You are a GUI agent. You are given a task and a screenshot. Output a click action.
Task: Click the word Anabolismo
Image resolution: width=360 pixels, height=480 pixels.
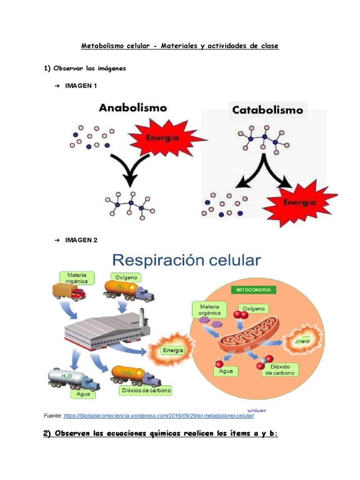coord(133,108)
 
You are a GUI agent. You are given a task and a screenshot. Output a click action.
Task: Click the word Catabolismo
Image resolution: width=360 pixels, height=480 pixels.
coord(268,111)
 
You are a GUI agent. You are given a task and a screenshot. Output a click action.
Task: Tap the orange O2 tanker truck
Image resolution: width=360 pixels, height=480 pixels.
coord(128,291)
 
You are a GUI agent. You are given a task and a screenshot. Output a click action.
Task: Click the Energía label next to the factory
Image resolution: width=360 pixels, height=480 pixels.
coord(172,350)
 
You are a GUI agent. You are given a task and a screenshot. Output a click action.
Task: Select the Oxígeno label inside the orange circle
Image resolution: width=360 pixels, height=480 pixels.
coord(254,308)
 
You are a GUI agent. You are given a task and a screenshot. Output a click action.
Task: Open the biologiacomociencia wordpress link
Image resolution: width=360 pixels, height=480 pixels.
coord(158,416)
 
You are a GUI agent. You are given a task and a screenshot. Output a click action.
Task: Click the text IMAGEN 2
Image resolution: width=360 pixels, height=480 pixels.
coord(81,240)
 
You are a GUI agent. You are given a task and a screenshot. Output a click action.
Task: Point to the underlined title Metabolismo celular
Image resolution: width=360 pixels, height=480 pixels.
coord(180,46)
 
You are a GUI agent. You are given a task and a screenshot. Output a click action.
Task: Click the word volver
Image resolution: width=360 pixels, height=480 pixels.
coord(256,410)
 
